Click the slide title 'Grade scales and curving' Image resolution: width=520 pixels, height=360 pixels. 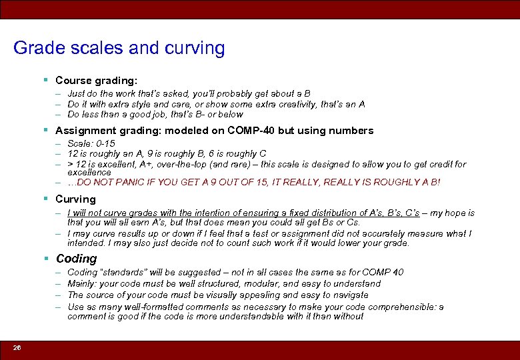119,49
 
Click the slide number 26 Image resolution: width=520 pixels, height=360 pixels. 17,348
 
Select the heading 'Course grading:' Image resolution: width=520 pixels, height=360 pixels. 96,80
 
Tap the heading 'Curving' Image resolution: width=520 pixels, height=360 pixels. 75,199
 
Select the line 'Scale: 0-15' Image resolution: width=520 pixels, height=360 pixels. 91,144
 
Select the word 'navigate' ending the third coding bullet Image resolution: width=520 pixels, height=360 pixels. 350,295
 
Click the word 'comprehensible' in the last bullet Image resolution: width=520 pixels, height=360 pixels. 370,307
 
